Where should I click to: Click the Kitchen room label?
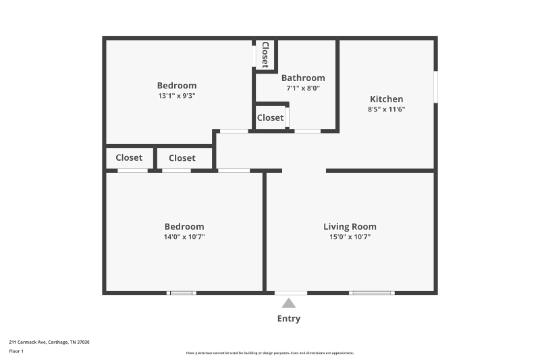[386, 99]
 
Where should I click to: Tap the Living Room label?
[350, 227]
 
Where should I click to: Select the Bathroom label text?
[303, 78]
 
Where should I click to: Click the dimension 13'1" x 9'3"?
[177, 96]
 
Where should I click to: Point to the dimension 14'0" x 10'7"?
[184, 237]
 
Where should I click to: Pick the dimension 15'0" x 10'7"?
[350, 237]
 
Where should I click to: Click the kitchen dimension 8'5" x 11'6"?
[386, 109]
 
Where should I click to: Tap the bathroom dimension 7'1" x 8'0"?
[303, 88]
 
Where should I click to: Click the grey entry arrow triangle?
[289, 303]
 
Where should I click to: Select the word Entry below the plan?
[289, 319]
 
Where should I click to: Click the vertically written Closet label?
[265, 55]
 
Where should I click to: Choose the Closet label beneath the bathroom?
[270, 118]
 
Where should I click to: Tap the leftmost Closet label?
[129, 157]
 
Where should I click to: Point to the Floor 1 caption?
[16, 351]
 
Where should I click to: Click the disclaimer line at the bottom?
[270, 353]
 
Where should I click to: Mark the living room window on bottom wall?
[371, 293]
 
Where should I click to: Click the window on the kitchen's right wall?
[435, 86]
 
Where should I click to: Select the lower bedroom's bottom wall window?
[182, 293]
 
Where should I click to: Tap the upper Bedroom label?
[177, 86]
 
